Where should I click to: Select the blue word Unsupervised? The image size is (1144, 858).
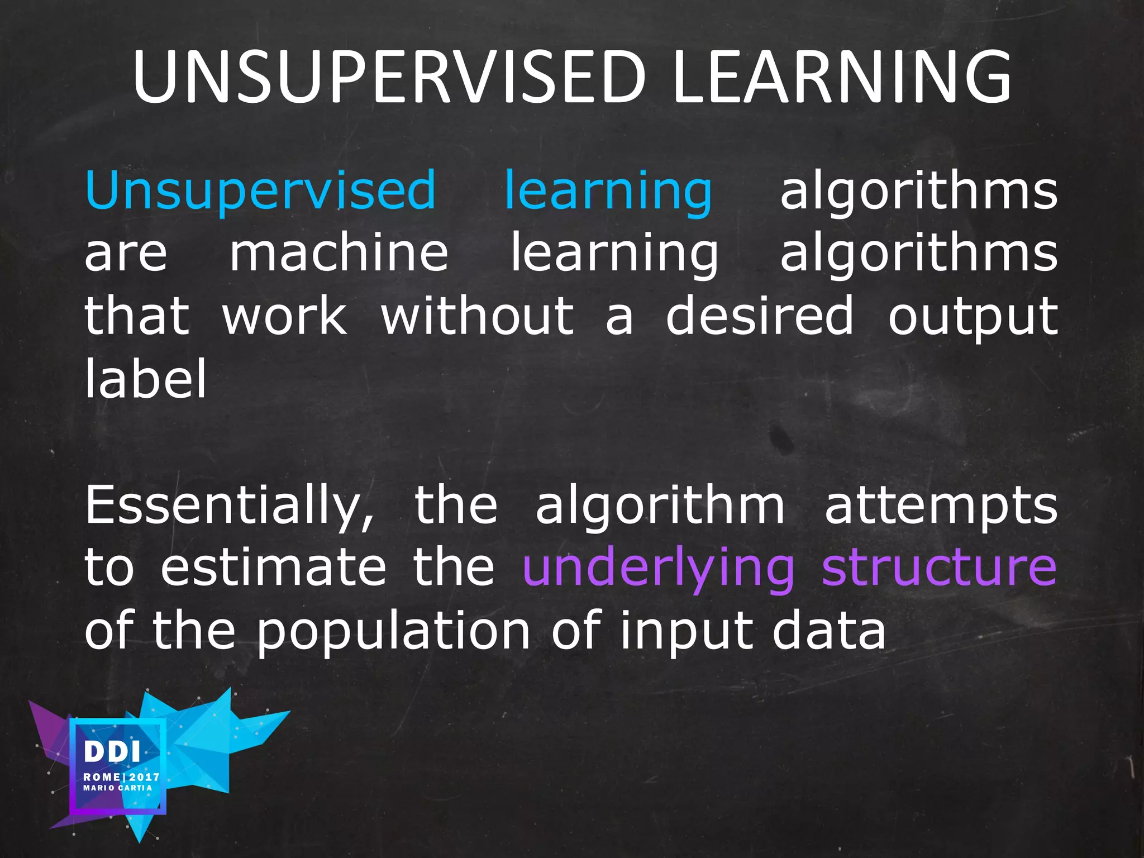[x=260, y=191]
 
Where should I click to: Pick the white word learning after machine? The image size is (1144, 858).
[x=614, y=255]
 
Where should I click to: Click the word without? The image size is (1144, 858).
[x=478, y=316]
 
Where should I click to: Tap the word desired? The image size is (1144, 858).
[x=760, y=316]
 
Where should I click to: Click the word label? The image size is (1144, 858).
[x=146, y=378]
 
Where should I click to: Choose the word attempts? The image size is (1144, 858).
[x=941, y=507]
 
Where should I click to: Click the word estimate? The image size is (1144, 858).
[x=274, y=568]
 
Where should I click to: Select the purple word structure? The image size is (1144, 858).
[x=939, y=568]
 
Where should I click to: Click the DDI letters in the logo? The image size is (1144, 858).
[x=112, y=752]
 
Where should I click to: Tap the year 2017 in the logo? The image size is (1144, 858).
[x=145, y=777]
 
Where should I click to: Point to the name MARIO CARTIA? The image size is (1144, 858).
[x=118, y=788]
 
